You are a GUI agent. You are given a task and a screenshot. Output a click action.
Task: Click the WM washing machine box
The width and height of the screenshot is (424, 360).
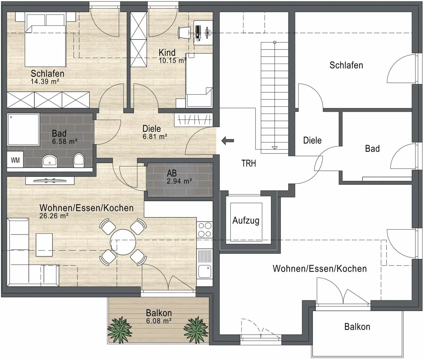(15, 159)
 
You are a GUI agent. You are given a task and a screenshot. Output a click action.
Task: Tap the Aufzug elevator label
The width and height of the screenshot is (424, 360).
(246, 221)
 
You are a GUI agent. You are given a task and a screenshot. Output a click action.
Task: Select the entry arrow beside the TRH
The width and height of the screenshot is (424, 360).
(228, 141)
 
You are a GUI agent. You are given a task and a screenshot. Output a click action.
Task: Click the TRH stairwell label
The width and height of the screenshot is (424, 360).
(249, 163)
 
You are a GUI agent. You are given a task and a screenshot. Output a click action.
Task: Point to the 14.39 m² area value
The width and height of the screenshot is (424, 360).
(45, 82)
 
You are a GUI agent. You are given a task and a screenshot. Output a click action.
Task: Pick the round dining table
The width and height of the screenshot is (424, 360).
(123, 242)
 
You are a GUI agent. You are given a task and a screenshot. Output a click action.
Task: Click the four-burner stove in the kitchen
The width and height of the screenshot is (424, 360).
(205, 230)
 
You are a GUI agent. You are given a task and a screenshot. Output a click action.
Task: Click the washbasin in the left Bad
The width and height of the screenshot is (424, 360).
(49, 161)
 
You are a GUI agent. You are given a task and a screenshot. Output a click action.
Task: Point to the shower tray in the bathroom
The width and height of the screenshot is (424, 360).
(23, 129)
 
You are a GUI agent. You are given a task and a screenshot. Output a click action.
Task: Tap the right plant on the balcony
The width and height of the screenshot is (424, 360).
(196, 330)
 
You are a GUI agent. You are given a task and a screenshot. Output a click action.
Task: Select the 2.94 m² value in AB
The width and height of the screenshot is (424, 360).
(179, 181)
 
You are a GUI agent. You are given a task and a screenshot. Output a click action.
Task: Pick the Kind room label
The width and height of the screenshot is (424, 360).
(167, 53)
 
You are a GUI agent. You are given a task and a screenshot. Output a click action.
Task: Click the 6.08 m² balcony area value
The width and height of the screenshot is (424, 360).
(159, 321)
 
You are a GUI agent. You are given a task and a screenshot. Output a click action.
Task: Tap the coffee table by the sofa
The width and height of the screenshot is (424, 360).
(44, 245)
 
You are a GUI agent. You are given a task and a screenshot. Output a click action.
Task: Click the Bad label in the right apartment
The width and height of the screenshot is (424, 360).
(372, 149)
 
